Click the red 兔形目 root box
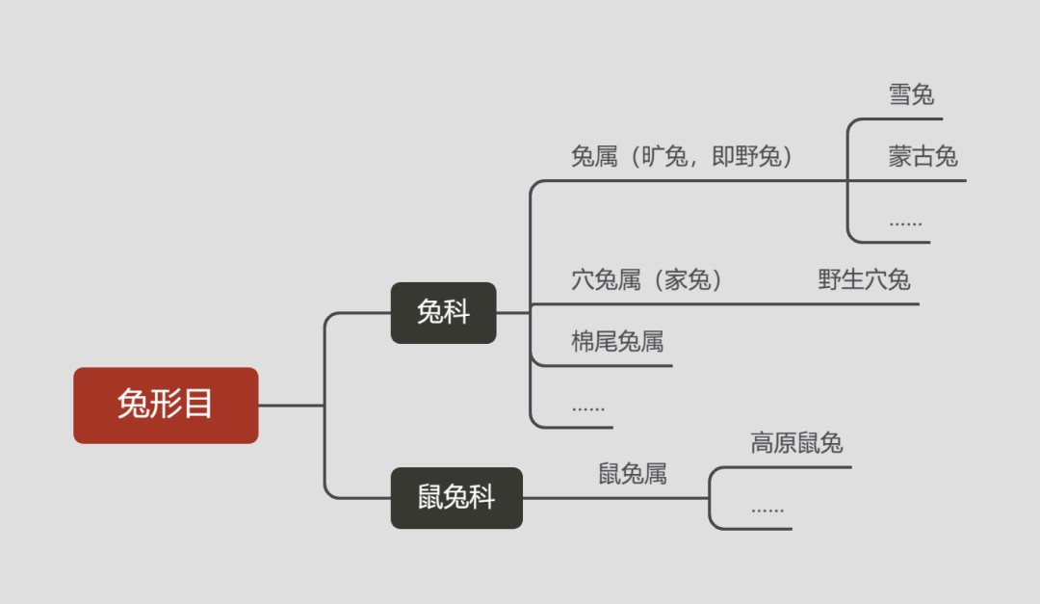point(166,405)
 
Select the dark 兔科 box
point(443,313)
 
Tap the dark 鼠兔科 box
point(456,498)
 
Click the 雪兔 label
point(911,94)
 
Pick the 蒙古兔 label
point(923,156)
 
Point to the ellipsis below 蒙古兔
point(905,223)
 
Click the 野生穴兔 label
point(864,280)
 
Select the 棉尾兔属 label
point(617,342)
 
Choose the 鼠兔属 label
point(633,474)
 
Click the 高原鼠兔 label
point(796,443)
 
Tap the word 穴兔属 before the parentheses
point(606,280)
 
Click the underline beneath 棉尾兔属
point(616,366)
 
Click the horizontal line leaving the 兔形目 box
point(291,405)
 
